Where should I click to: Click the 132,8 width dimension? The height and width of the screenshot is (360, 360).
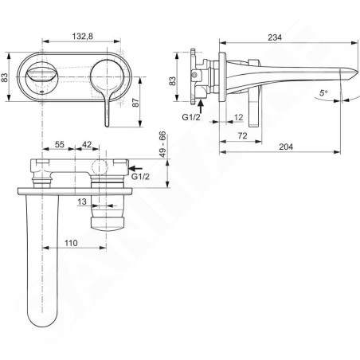click(x=83, y=37)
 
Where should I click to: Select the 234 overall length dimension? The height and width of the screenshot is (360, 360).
click(x=275, y=37)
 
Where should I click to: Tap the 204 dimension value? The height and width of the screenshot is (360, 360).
click(x=286, y=147)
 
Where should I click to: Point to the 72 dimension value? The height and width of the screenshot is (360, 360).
click(x=242, y=135)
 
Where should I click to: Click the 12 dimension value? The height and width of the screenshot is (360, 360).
click(x=239, y=117)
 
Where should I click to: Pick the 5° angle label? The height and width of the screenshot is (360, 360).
click(x=323, y=93)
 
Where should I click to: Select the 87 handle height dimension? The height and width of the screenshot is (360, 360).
click(x=135, y=103)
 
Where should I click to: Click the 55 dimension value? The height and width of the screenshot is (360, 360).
click(x=60, y=144)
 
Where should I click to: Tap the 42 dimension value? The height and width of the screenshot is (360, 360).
click(x=87, y=144)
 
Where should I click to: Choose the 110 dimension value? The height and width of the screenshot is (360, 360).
click(x=71, y=243)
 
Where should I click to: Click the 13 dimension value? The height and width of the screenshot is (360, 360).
click(x=82, y=202)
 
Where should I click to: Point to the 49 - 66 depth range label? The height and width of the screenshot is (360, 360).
click(x=162, y=143)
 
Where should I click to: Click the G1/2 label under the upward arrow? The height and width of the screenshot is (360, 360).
click(x=191, y=117)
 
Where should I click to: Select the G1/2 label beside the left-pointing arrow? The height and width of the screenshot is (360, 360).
click(x=140, y=176)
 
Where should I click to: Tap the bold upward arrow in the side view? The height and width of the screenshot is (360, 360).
click(x=201, y=105)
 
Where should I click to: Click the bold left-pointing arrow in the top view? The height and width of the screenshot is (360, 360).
click(x=135, y=168)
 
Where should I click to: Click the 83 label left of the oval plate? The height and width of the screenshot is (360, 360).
click(x=5, y=77)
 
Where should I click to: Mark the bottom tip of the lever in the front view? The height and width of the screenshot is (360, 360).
click(x=107, y=126)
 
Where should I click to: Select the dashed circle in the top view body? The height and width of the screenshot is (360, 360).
click(x=100, y=167)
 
